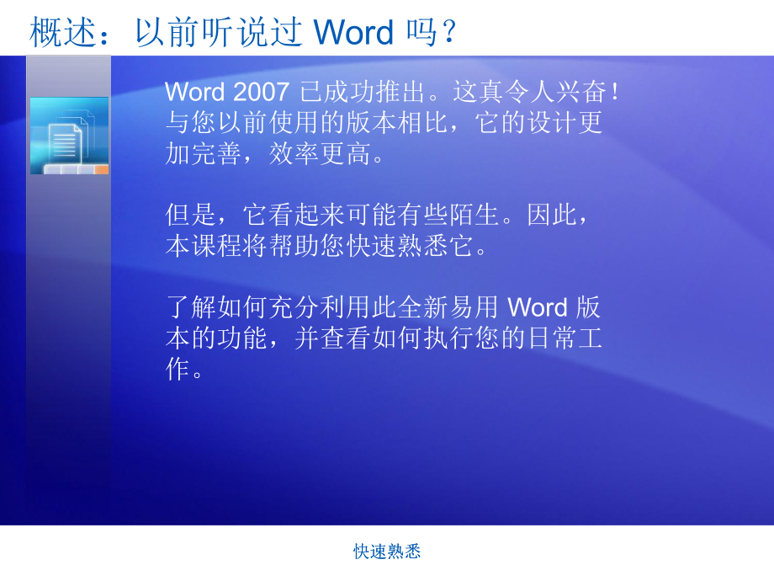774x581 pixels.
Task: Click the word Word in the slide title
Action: [x=353, y=32]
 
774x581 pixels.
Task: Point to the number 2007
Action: [x=260, y=92]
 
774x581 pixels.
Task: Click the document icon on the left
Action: [x=70, y=136]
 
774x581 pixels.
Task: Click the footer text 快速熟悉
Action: [x=387, y=552]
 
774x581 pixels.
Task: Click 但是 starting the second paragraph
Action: [x=191, y=216]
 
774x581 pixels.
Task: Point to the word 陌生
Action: [x=475, y=216]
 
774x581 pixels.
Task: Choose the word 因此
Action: [x=553, y=216]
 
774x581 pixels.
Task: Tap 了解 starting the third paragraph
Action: [x=191, y=307]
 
